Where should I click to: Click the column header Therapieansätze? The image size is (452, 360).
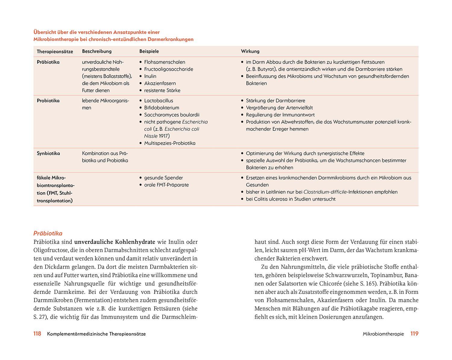tap(55, 52)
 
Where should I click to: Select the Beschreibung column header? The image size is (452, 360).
tap(97, 51)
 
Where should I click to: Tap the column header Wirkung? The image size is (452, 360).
tap(250, 51)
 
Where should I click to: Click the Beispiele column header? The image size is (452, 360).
tap(149, 51)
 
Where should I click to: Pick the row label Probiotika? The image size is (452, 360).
tap(48, 101)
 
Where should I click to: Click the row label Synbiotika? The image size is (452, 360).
tap(48, 153)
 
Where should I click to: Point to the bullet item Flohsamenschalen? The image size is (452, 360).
tap(165, 62)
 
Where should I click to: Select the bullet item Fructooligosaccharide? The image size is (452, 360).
tap(168, 69)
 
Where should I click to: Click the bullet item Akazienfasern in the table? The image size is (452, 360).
tap(160, 83)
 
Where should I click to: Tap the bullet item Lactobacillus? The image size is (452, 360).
tap(159, 101)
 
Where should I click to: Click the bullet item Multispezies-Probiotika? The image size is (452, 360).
tap(170, 143)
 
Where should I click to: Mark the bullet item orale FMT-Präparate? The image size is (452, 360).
tap(166, 185)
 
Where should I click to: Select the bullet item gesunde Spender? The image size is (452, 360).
tap(163, 178)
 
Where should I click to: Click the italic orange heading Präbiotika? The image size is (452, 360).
tap(48, 233)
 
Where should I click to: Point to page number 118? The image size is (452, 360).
tap(37, 333)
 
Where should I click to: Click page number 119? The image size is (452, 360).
tap(414, 333)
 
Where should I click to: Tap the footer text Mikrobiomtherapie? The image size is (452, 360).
tap(383, 334)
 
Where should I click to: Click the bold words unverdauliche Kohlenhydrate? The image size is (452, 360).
tap(115, 242)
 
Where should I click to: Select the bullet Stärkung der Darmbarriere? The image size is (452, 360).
tap(275, 101)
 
